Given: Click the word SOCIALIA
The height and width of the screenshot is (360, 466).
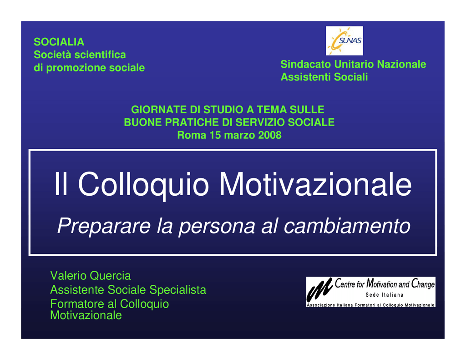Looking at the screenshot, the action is click(59, 42).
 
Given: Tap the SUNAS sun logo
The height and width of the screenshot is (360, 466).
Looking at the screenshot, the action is click(344, 41).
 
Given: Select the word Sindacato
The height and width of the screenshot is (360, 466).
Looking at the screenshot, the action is click(306, 64).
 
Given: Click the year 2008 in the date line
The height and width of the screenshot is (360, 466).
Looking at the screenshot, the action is click(269, 135).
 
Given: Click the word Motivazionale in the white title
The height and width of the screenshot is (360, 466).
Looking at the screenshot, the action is click(315, 184).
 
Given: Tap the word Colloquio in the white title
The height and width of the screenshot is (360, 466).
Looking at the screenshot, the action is click(143, 185).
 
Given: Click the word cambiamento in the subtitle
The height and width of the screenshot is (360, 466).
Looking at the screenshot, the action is click(347, 226).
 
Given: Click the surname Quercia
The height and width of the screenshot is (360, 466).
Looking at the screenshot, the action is click(110, 276).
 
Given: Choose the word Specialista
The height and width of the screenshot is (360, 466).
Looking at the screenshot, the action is click(178, 290).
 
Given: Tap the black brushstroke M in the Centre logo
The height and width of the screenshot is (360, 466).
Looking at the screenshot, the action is click(319, 289).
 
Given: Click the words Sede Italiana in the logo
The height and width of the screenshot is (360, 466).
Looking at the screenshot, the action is click(384, 295).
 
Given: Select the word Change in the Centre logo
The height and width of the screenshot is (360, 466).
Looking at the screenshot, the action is click(423, 284).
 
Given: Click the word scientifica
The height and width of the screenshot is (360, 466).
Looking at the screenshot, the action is click(100, 55).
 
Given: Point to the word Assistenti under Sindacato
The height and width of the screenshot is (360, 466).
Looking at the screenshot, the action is click(306, 77).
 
